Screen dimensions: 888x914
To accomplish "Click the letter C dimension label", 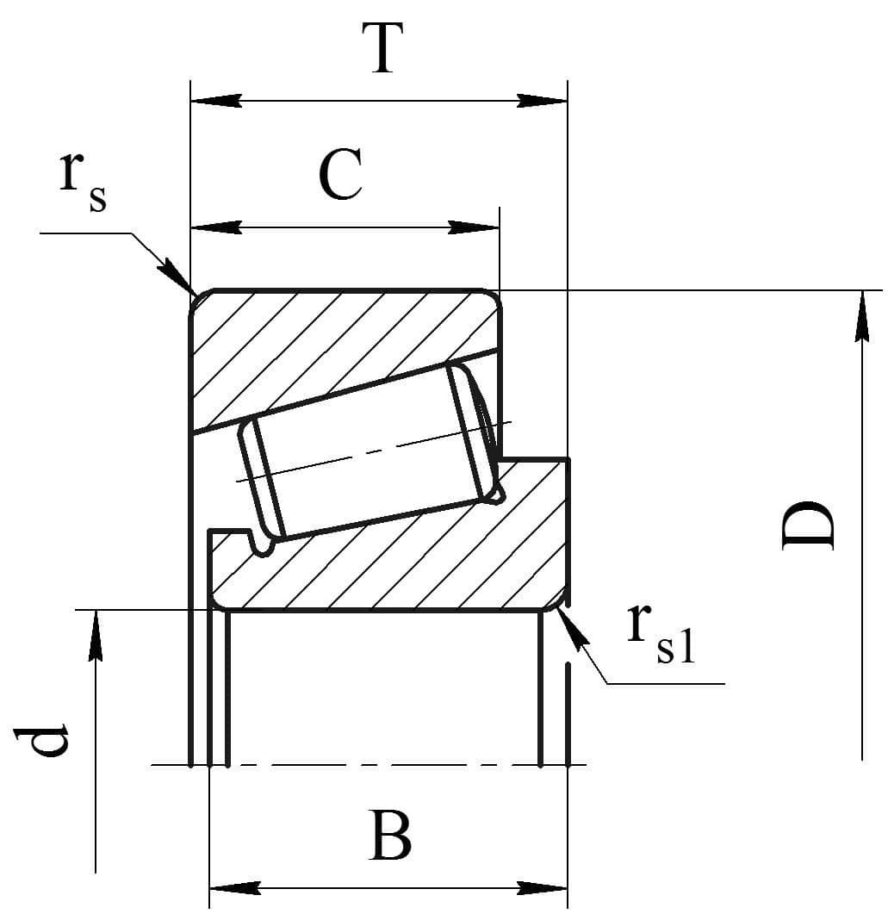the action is [x=341, y=173].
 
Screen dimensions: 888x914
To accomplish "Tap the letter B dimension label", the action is [x=390, y=835].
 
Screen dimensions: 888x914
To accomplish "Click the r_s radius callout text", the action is [x=84, y=181].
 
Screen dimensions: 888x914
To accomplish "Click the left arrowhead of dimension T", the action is [x=216, y=100].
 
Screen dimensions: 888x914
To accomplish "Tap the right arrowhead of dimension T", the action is [x=542, y=100].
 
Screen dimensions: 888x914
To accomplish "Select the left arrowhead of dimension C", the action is [x=216, y=227].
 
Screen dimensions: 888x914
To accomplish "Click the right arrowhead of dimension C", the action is [x=474, y=227].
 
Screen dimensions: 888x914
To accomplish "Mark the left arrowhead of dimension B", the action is [x=234, y=888].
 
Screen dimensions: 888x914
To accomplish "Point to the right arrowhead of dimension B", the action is [x=542, y=888].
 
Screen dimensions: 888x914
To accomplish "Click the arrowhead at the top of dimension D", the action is [x=862, y=315].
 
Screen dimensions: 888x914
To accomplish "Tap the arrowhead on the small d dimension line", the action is [x=96, y=636].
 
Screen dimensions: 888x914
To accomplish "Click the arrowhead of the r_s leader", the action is [x=175, y=276].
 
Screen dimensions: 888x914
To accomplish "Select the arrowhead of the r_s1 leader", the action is [x=574, y=627].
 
